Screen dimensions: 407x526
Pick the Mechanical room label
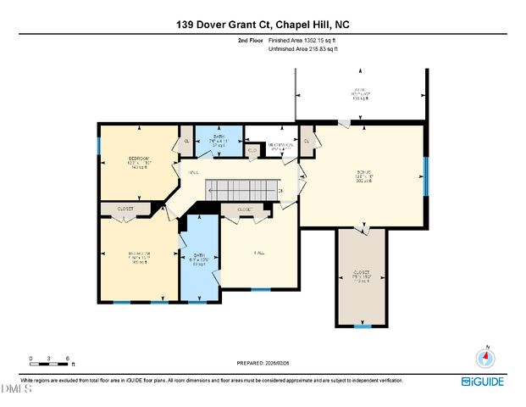pyautogui.click(x=281, y=145)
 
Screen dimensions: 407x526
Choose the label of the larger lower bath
pyautogui.click(x=199, y=259)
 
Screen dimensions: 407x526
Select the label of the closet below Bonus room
pyautogui.click(x=362, y=276)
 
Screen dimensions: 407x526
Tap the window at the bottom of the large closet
pyautogui.click(x=363, y=326)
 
